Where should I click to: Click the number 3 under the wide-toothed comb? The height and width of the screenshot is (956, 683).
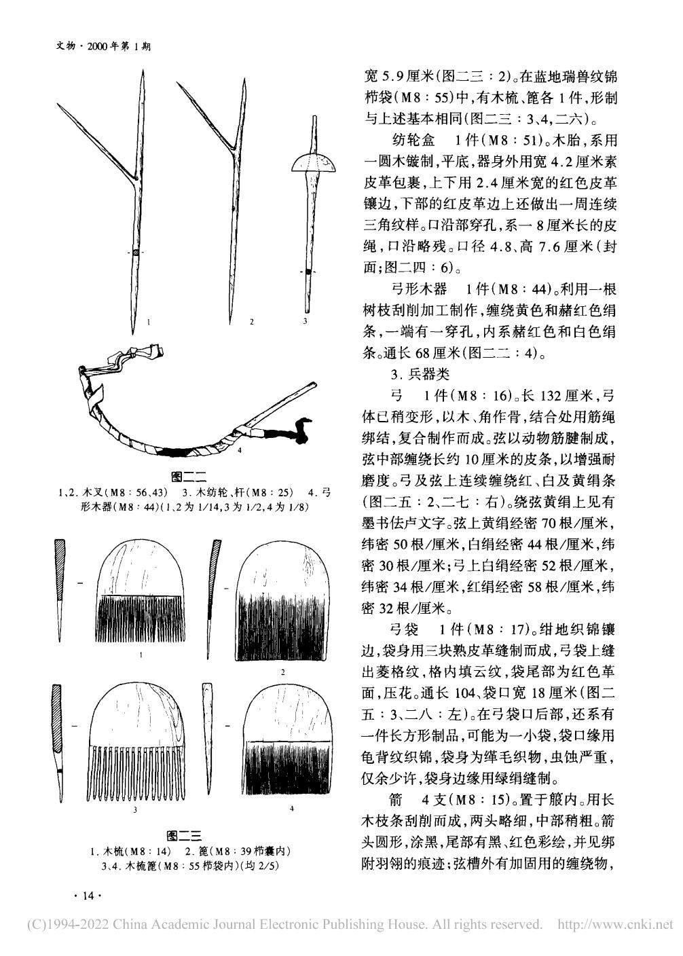pos(136,809)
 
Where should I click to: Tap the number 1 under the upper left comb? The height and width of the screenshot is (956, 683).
pos(140,655)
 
